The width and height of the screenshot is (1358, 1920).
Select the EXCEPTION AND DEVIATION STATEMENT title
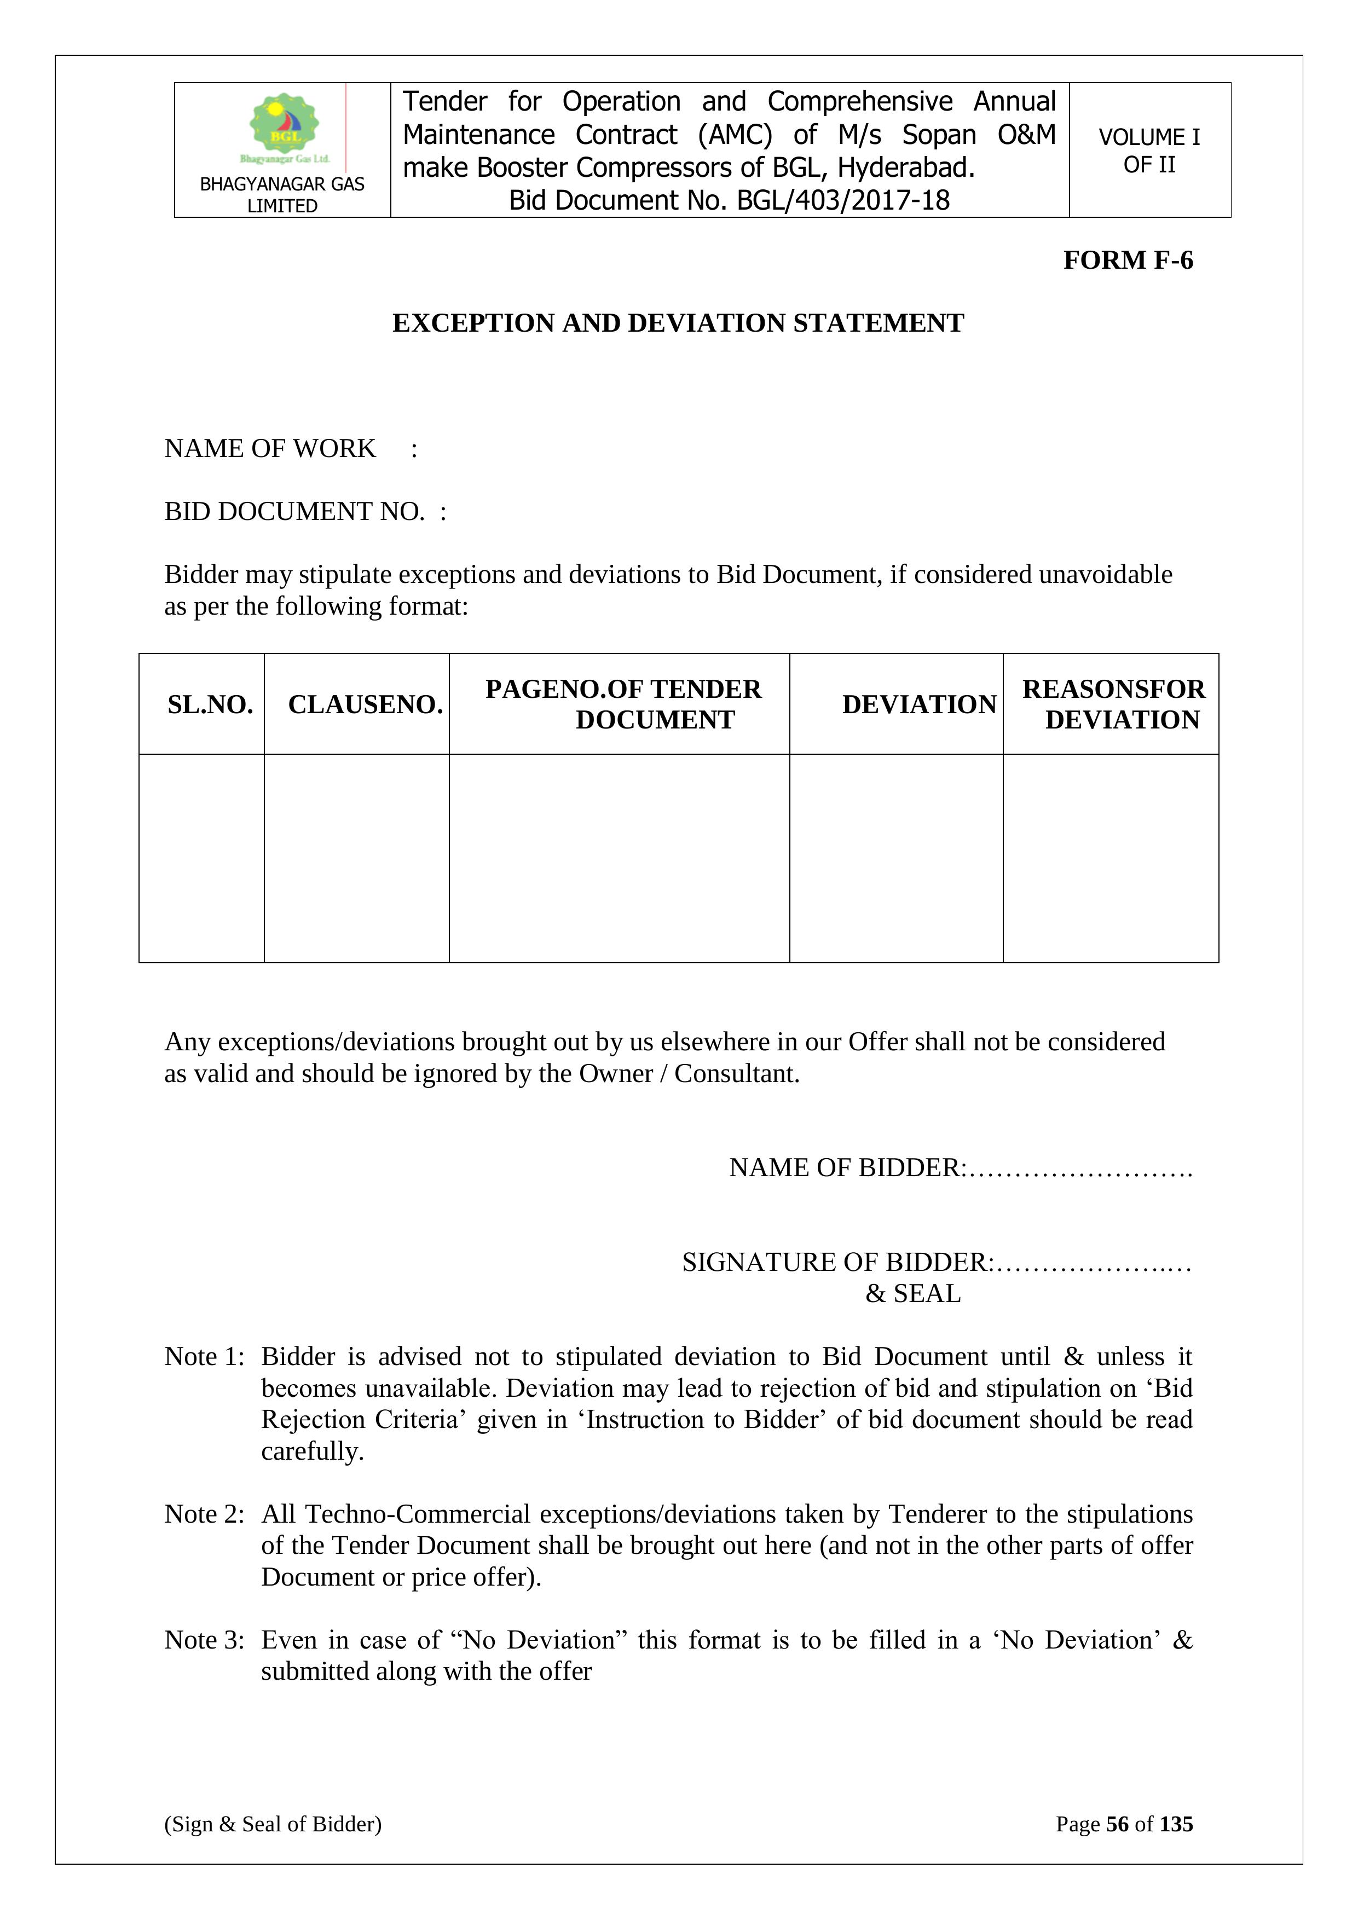point(678,323)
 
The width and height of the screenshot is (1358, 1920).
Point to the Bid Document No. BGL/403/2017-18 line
point(729,201)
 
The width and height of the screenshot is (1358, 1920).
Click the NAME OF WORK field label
point(270,448)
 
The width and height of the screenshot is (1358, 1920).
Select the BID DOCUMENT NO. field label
point(294,511)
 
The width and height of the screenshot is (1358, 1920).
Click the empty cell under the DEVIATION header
point(895,858)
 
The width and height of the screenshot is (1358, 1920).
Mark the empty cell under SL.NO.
point(201,858)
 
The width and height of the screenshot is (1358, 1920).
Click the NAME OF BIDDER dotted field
point(1080,1167)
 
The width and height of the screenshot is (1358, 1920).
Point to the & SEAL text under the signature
point(913,1294)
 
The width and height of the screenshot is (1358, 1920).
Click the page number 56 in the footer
point(1117,1824)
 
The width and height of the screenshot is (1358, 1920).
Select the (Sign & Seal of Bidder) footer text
point(273,1824)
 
